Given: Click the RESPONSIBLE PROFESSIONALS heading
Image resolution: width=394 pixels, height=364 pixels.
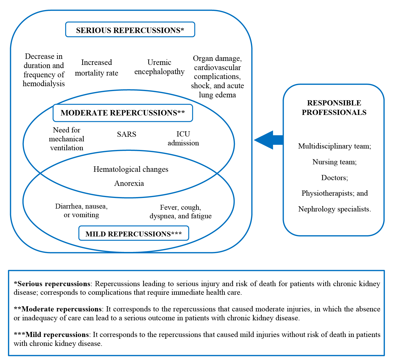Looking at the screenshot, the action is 334,107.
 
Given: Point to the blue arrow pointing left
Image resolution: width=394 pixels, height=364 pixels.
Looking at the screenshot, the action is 269,140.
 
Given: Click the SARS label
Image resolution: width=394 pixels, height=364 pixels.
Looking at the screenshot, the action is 127,134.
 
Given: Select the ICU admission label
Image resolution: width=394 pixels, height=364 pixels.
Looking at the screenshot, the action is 183,138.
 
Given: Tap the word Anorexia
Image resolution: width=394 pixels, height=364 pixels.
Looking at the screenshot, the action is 129,183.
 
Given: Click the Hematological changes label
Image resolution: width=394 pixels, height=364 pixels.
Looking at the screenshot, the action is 131,169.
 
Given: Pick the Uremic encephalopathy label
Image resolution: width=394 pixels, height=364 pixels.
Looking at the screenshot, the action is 159,67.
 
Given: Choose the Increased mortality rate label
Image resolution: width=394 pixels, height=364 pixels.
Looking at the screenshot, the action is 96,68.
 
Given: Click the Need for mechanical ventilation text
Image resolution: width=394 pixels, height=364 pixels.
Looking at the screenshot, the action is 66,139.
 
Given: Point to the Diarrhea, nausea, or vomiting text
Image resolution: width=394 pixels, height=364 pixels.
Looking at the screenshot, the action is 81,210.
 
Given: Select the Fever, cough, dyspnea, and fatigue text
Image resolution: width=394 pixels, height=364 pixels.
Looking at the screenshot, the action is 181,211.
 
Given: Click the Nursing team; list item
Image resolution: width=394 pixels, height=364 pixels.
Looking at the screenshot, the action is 335,162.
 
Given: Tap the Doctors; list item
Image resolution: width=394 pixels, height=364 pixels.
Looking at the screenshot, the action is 335,178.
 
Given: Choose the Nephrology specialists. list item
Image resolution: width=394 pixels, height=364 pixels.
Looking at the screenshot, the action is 335,209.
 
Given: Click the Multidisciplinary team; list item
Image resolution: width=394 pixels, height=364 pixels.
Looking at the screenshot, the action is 335,146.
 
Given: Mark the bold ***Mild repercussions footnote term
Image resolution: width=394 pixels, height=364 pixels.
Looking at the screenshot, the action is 51,335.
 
